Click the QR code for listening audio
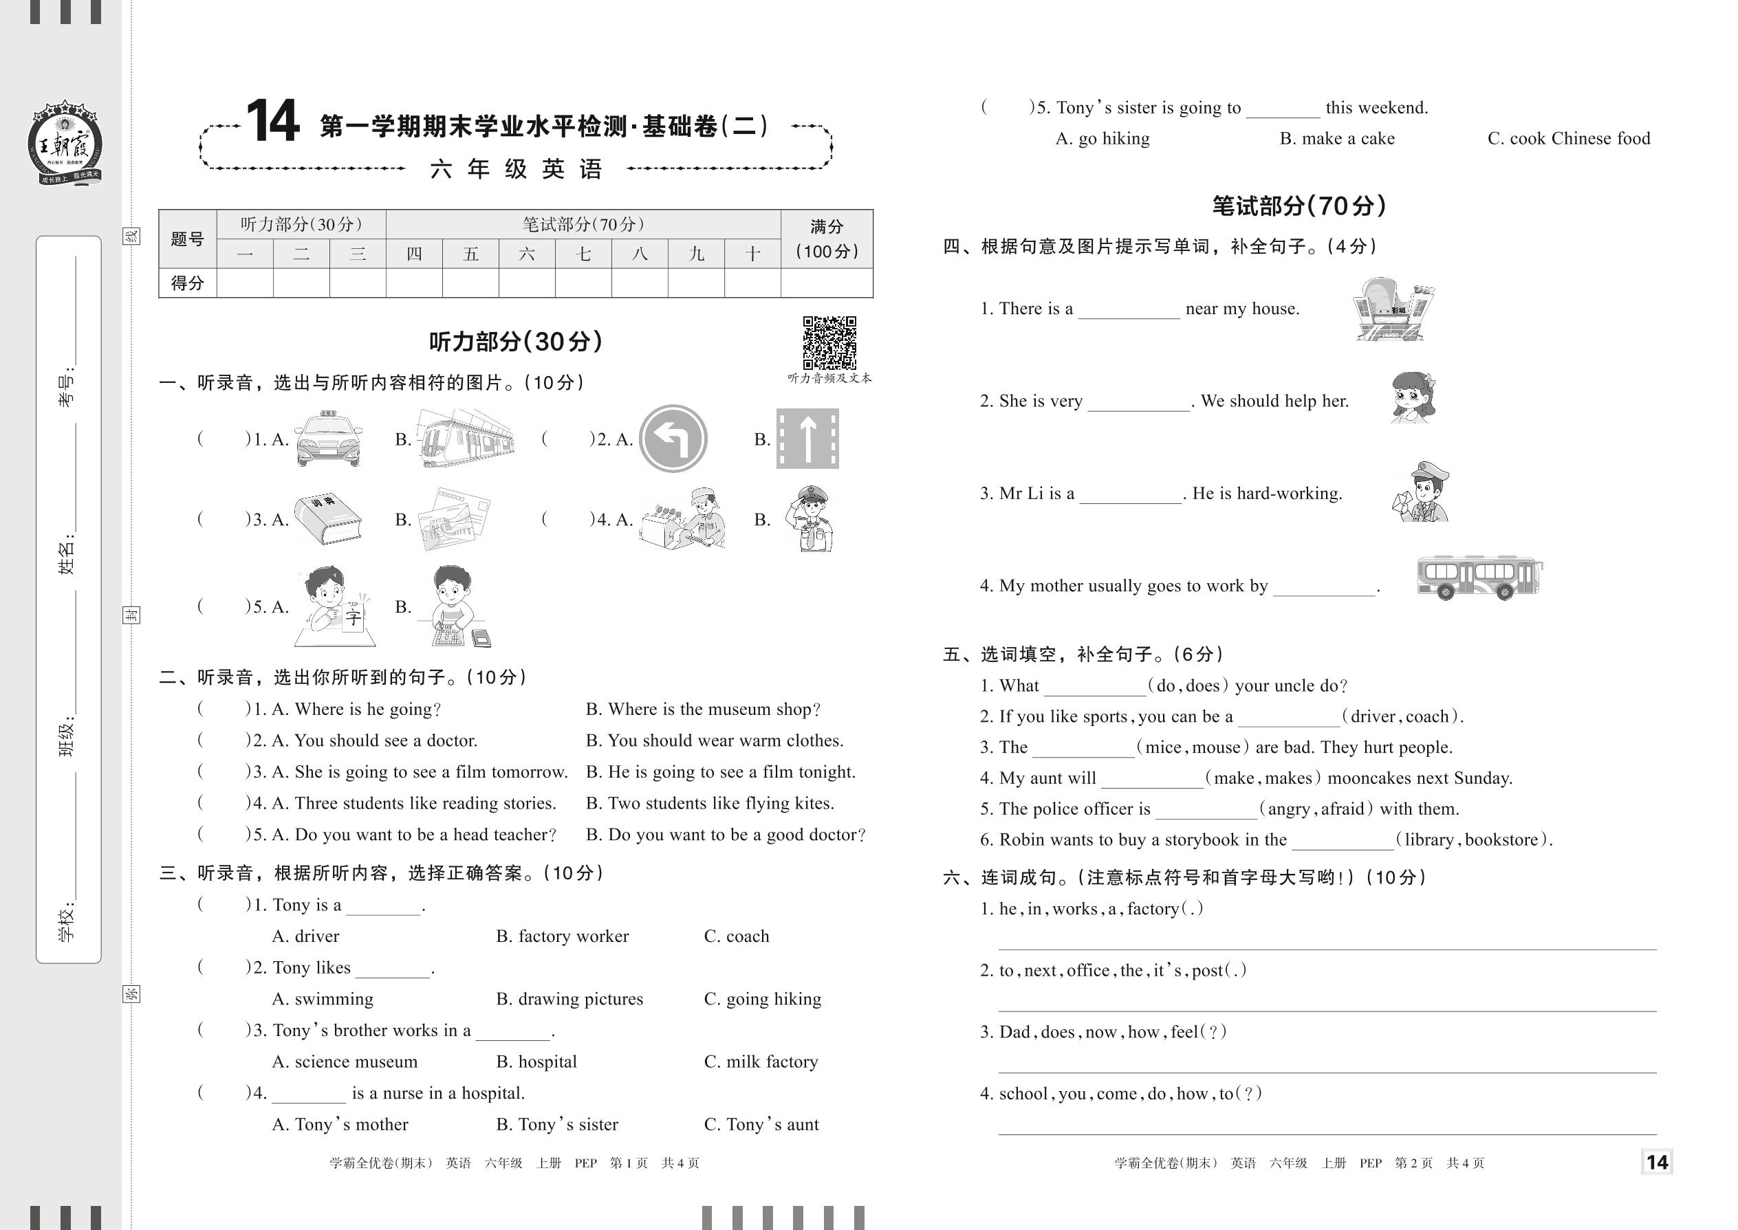tap(829, 343)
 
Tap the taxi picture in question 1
tap(328, 439)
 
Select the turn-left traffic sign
tap(673, 439)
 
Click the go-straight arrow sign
tap(807, 439)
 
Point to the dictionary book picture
tap(327, 520)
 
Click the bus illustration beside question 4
tap(1478, 579)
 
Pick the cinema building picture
tap(1393, 310)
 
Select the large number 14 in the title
tap(273, 122)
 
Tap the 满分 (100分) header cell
tap(827, 239)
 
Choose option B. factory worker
tap(562, 936)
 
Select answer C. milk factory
tap(761, 1062)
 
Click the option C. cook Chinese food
tap(1568, 139)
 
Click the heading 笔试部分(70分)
tap(1299, 206)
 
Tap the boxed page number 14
tap(1657, 1162)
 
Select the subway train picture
tap(465, 439)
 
